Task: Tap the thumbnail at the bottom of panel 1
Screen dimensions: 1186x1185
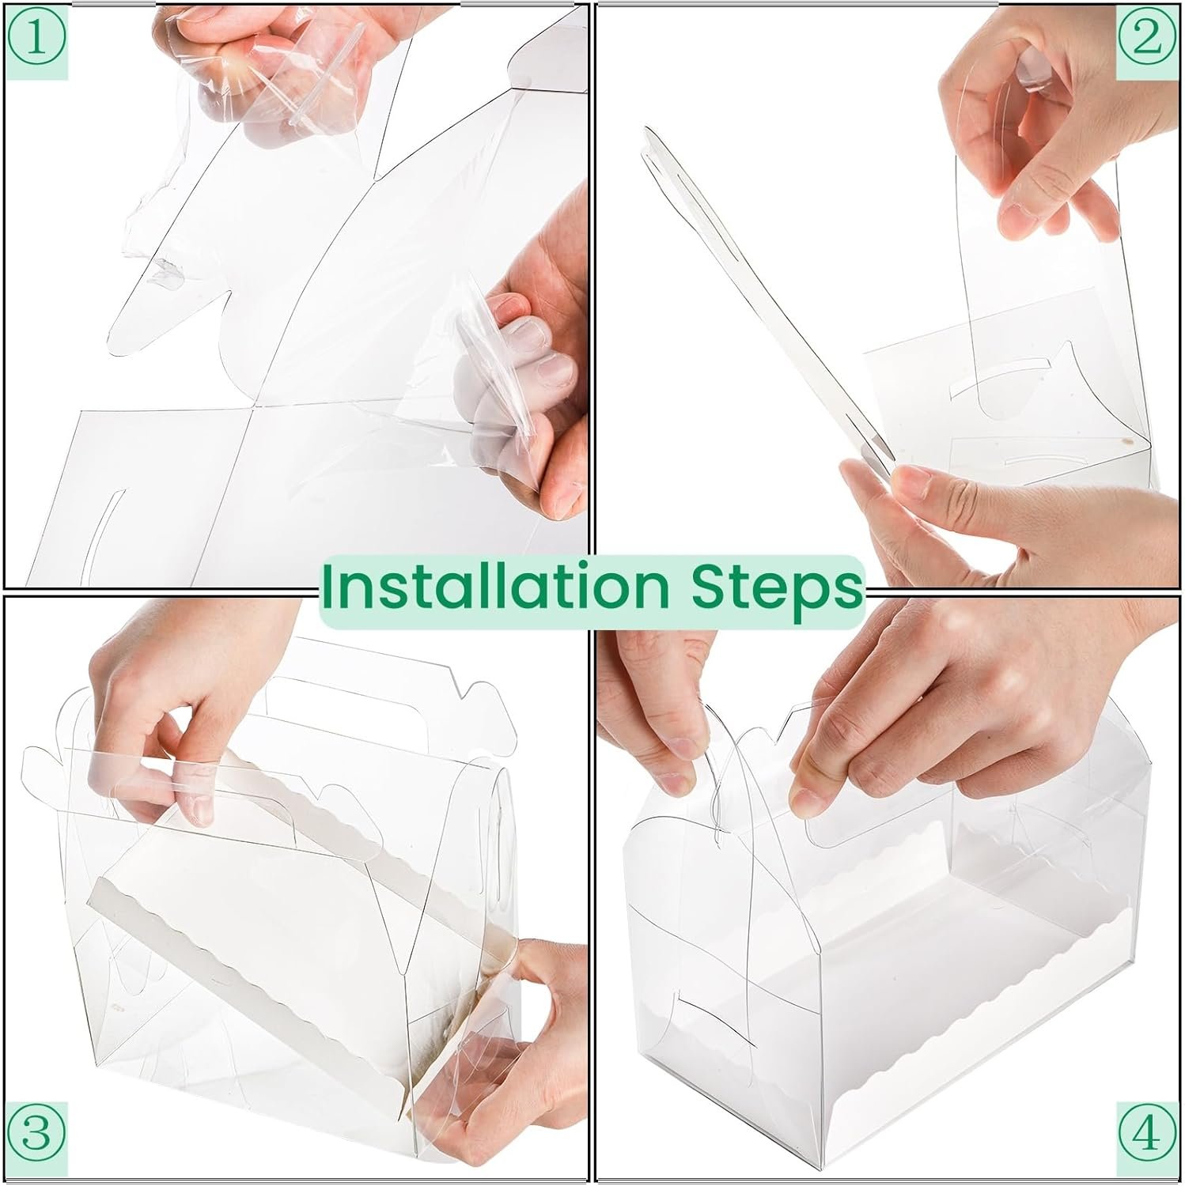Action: point(562,501)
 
